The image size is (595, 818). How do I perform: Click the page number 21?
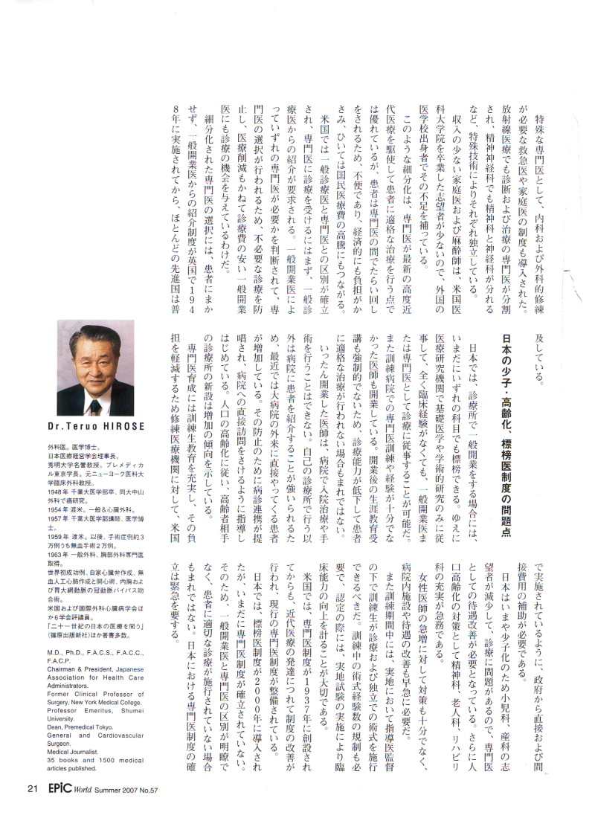[x=32, y=789]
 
